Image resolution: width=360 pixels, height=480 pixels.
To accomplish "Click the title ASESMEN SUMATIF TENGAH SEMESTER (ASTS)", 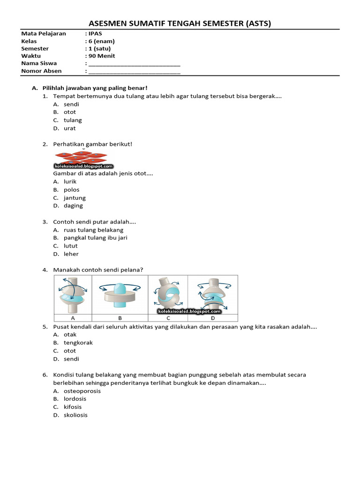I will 180,23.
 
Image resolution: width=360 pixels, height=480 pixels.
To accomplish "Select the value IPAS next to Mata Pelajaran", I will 95,34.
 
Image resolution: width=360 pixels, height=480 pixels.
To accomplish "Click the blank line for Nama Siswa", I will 134,64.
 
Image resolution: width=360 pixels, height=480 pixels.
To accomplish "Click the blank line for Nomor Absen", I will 134,71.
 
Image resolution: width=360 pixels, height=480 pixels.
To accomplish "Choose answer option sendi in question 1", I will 71,104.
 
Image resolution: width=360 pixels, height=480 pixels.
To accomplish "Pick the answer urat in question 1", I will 70,128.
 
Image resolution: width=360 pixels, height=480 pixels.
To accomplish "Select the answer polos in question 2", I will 72,190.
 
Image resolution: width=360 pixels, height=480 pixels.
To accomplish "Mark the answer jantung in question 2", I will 75,198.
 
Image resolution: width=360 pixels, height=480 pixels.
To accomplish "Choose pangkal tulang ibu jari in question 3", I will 96,238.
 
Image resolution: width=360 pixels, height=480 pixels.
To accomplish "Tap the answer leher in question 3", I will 71,254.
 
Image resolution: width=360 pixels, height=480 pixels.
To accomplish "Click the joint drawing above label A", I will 73,294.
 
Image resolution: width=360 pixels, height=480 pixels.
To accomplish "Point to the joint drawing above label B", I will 120,294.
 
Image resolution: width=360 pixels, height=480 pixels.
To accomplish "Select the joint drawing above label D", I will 213,294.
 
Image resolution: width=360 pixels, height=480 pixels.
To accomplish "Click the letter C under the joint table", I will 168,317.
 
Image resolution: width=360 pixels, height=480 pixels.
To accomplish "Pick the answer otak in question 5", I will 70,335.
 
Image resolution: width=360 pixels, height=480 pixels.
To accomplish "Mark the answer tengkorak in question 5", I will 78,343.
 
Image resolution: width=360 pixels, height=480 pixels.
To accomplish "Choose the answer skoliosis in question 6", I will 75,415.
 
